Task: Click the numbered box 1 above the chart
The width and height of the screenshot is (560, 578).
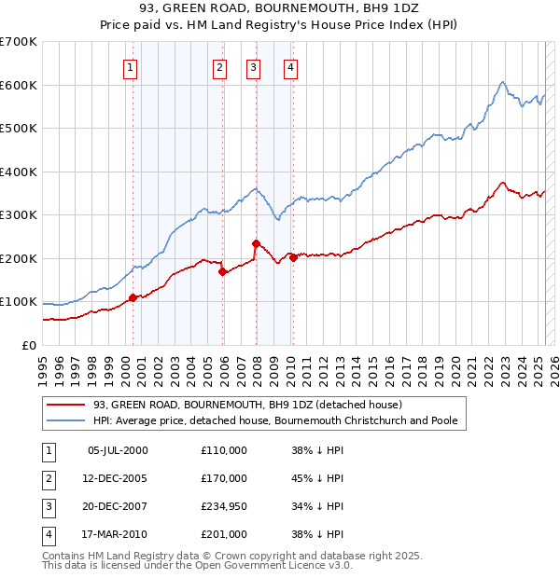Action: tap(130, 66)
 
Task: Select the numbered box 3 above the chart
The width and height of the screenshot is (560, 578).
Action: tap(253, 66)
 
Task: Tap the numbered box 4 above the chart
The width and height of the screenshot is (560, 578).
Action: tap(291, 66)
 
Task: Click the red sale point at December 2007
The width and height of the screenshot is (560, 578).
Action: tap(256, 243)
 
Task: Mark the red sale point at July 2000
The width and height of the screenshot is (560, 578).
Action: tap(133, 297)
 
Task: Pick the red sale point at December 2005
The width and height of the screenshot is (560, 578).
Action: tap(222, 271)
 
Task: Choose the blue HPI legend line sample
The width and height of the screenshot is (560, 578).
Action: tap(67, 421)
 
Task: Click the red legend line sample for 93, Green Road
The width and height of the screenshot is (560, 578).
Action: tap(67, 406)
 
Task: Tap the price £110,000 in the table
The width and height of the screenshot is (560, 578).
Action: tap(224, 450)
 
